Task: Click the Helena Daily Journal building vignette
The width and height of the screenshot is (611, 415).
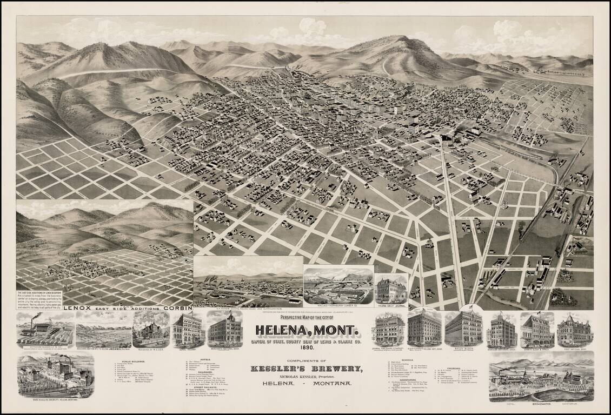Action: click(x=391, y=289)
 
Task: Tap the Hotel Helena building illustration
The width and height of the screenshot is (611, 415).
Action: click(x=187, y=330)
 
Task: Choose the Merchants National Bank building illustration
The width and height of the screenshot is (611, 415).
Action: click(x=224, y=329)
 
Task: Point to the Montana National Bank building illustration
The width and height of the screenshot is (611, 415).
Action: click(x=502, y=330)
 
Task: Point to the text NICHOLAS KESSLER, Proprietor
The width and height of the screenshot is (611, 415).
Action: click(x=305, y=376)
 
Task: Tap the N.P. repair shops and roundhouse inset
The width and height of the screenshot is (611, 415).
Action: click(x=248, y=282)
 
